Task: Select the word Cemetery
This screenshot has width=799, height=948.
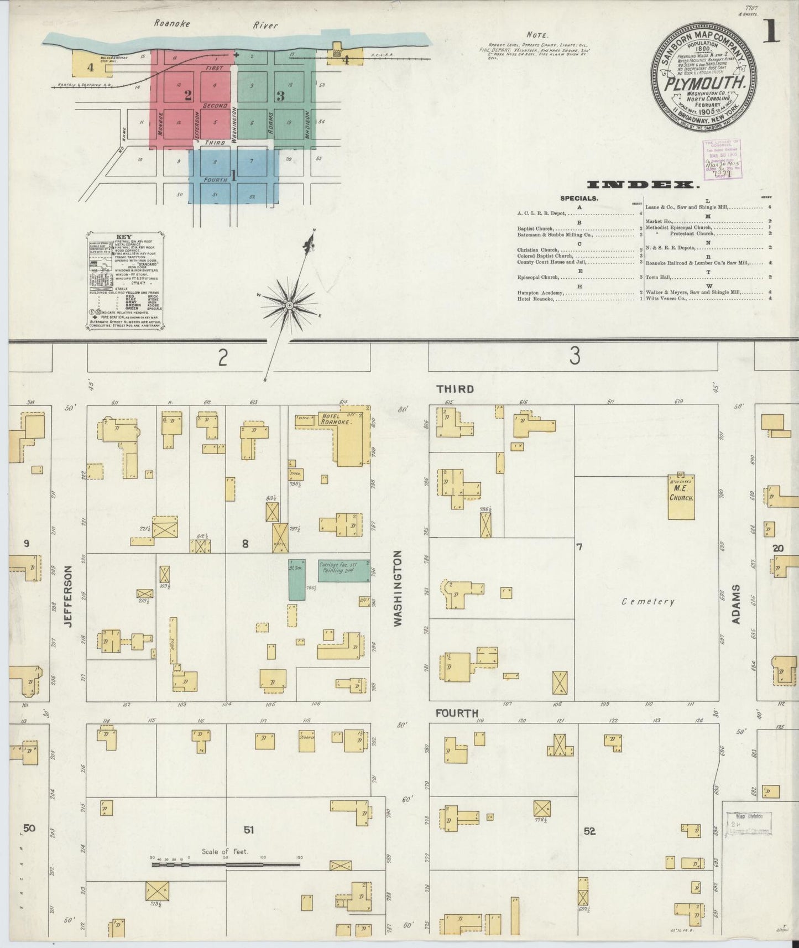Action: [648, 601]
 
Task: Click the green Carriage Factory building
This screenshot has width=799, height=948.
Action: [343, 571]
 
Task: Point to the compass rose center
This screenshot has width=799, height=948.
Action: [289, 305]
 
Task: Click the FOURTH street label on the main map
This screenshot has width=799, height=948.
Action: [456, 713]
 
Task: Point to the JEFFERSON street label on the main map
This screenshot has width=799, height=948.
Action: [69, 596]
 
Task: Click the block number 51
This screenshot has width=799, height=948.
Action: [249, 829]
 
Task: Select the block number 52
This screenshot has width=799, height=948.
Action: [589, 831]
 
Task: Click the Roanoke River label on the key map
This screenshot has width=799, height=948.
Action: [215, 24]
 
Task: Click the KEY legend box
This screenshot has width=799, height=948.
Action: [124, 282]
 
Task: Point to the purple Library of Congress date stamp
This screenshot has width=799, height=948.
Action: [722, 160]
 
